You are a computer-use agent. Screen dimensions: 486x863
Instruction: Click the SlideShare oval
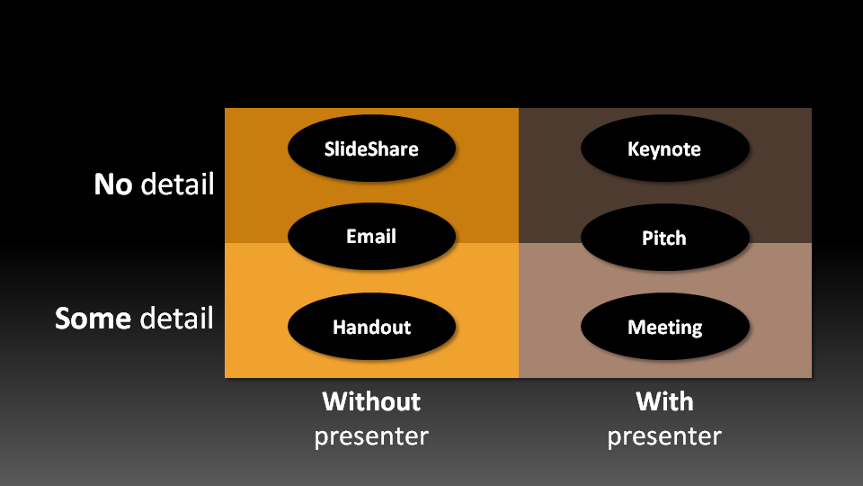(371, 148)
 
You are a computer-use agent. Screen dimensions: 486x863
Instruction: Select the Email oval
(371, 237)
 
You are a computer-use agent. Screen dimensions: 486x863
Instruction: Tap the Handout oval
(371, 327)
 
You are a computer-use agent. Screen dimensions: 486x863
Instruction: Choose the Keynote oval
(664, 148)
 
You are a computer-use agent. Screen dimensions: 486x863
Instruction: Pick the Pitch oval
(664, 238)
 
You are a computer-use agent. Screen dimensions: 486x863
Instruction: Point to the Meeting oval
(664, 327)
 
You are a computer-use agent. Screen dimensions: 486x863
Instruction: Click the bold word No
(113, 185)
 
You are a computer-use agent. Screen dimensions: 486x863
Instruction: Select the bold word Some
(93, 319)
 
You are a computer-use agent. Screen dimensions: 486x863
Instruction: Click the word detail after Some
(177, 319)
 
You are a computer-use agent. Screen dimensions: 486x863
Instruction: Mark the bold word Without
(371, 400)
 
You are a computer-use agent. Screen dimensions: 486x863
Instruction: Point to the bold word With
(664, 400)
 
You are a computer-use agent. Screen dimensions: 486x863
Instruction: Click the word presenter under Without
(371, 436)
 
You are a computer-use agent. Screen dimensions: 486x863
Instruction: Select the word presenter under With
(664, 436)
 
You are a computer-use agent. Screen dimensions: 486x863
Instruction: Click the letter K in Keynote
(633, 148)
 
